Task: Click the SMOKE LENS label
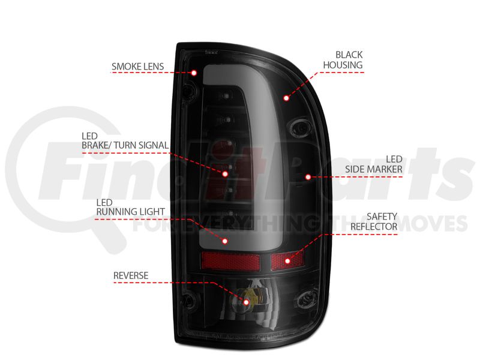point(137,66)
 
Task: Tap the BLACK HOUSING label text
point(343,59)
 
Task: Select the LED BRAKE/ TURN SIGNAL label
point(125,140)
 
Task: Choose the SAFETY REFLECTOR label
point(374,221)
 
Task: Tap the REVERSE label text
point(131,275)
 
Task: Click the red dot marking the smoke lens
point(194,73)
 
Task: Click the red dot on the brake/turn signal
point(225,173)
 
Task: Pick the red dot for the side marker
point(307,176)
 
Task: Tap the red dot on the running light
point(225,241)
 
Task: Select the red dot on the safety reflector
point(287,260)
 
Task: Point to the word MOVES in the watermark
point(431,224)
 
